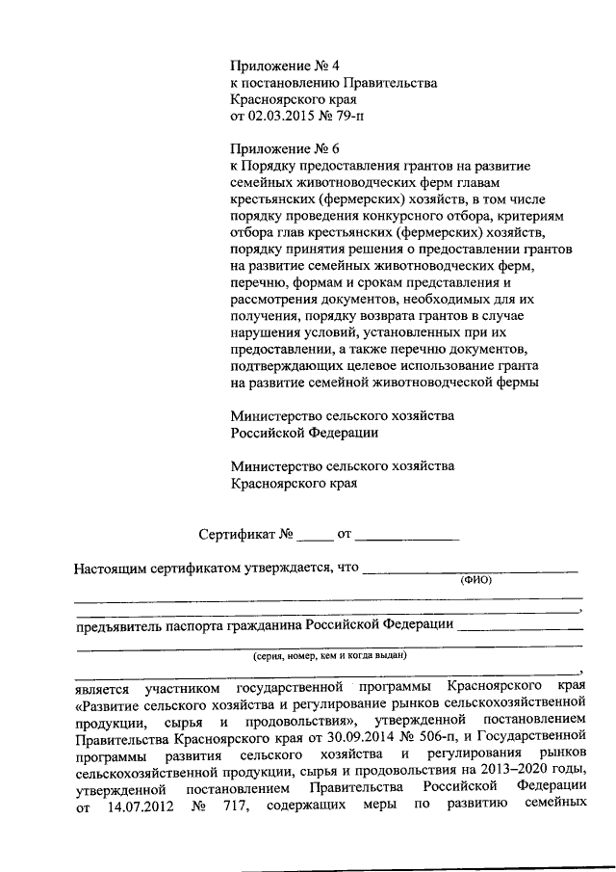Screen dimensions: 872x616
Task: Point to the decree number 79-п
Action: coord(346,117)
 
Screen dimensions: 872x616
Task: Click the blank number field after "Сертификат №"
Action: coord(314,534)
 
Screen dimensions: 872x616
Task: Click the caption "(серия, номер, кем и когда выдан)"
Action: coord(330,655)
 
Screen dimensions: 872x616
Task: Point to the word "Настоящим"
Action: coord(109,568)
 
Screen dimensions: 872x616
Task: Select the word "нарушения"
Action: coord(264,332)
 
